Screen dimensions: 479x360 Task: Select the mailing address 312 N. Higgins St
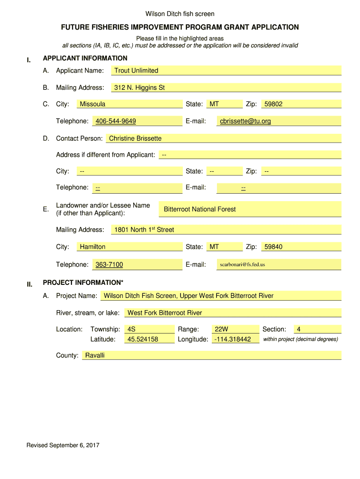click(x=139, y=87)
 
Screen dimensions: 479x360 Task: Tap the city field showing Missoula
click(x=93, y=104)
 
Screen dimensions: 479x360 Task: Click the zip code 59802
click(x=274, y=104)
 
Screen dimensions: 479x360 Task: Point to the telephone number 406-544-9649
click(x=116, y=121)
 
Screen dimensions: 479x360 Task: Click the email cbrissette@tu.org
click(x=245, y=121)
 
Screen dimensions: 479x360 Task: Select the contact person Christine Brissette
click(x=136, y=138)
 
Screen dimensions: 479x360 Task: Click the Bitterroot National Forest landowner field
click(x=200, y=209)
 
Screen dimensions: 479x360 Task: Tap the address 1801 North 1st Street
click(x=144, y=230)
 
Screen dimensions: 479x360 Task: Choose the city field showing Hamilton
click(x=93, y=247)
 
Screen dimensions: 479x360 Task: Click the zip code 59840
click(x=274, y=247)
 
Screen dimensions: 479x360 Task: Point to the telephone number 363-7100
click(x=109, y=265)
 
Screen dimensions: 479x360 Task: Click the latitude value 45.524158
click(x=143, y=339)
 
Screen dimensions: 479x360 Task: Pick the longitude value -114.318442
click(x=233, y=339)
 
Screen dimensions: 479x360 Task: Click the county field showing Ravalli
click(x=95, y=356)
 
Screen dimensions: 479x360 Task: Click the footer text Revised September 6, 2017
click(x=63, y=445)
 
